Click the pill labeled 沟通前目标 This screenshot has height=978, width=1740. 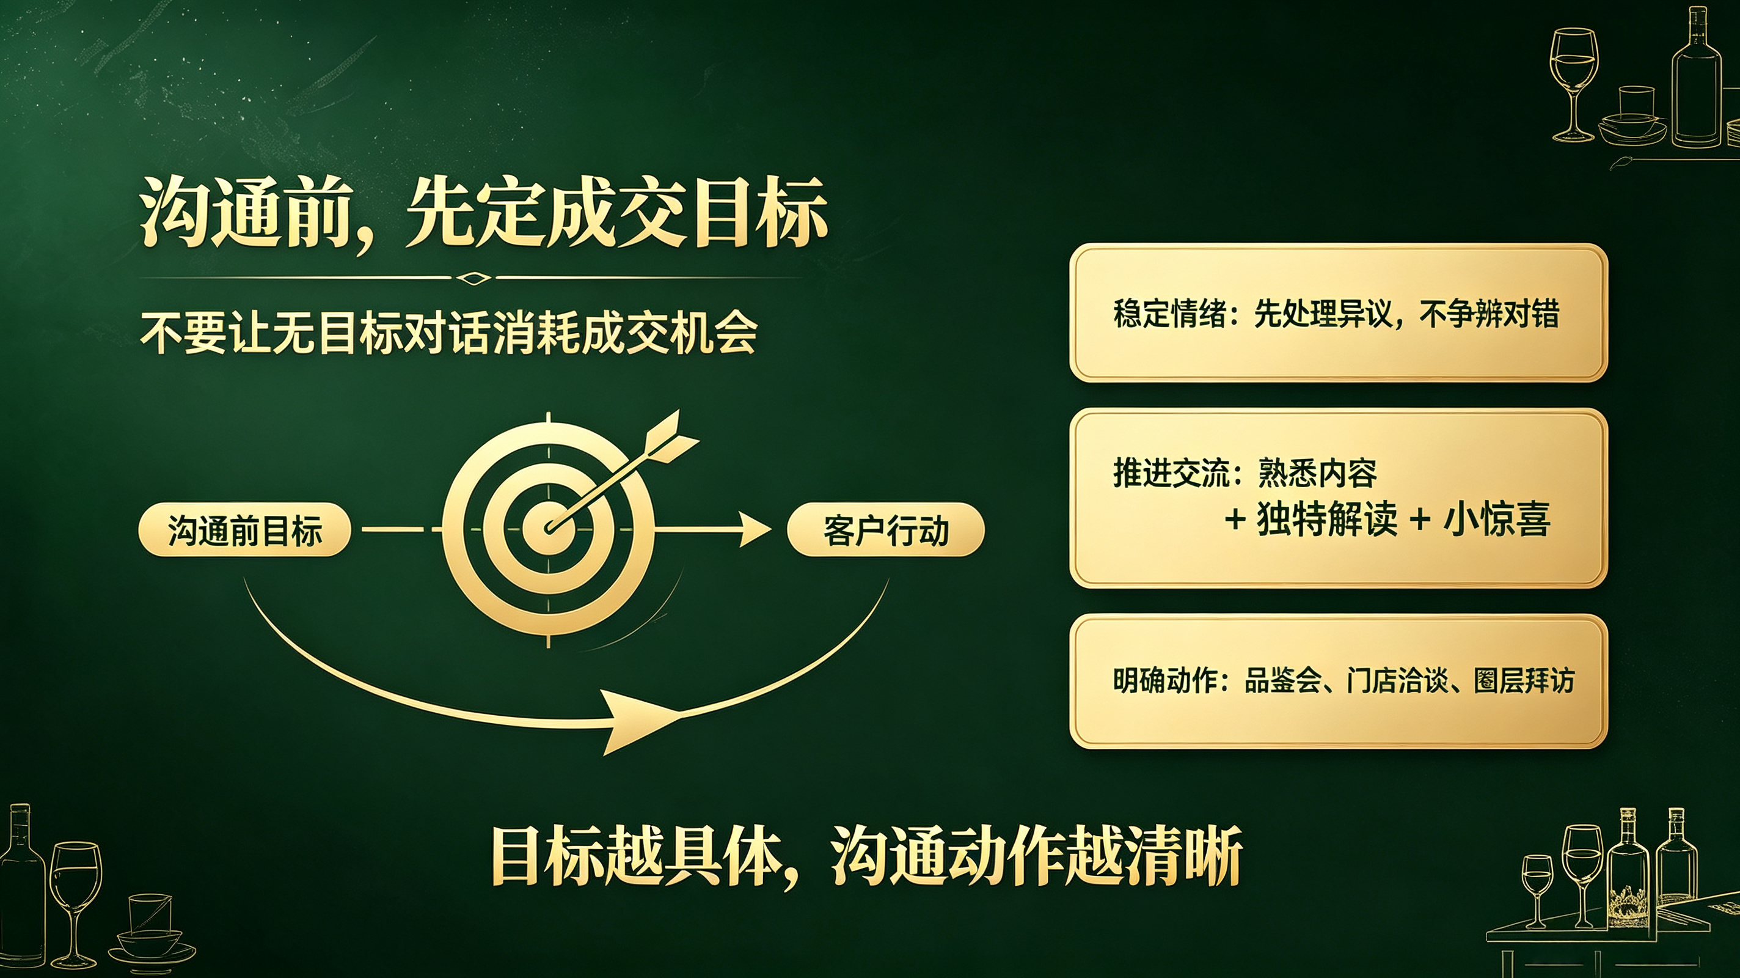coord(244,530)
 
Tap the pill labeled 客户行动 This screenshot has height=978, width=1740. coord(885,530)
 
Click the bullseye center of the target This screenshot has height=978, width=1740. coord(549,529)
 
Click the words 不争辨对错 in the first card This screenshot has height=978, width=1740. coord(1490,314)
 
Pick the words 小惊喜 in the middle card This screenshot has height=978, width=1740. coord(1496,519)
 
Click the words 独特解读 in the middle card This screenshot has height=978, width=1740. coord(1326,519)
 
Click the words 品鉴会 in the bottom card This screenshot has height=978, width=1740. coord(1282,680)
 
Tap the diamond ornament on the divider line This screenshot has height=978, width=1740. coord(472,277)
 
